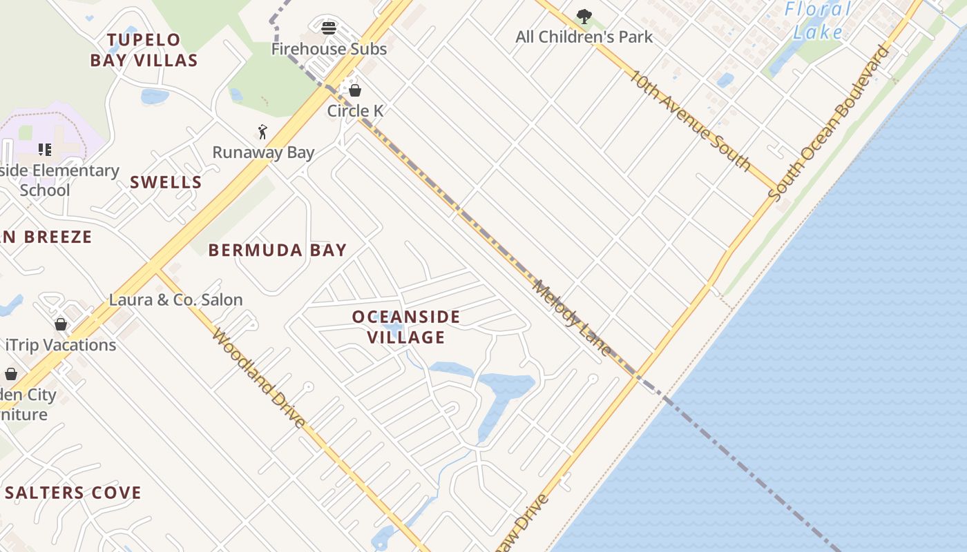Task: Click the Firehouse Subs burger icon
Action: (x=329, y=28)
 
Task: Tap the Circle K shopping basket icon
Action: (x=355, y=90)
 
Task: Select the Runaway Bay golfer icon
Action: (x=262, y=132)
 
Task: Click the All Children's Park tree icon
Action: (x=584, y=16)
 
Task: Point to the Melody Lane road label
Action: (x=573, y=318)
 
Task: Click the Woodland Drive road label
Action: (x=258, y=378)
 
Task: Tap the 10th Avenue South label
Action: (x=689, y=119)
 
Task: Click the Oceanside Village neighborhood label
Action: (x=406, y=327)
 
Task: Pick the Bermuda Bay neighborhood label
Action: (x=278, y=250)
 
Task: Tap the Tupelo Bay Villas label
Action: (x=144, y=50)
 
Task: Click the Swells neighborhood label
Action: (x=166, y=182)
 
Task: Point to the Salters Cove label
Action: (x=73, y=493)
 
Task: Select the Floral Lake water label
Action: (x=818, y=21)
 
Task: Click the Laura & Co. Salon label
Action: (x=176, y=299)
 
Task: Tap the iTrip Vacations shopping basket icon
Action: (x=61, y=324)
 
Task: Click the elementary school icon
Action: (x=45, y=150)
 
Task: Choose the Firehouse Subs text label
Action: (x=329, y=49)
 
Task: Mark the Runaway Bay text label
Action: (x=263, y=152)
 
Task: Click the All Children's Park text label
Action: (x=584, y=37)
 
